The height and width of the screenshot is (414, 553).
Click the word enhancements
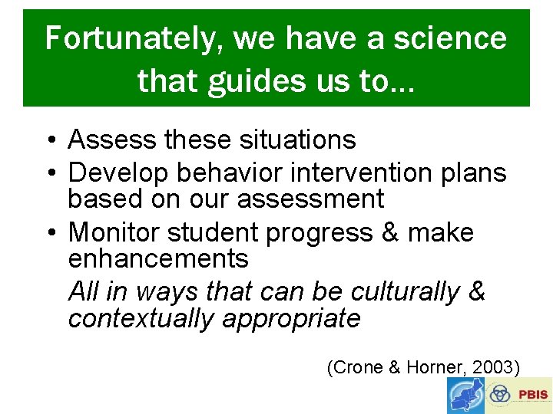point(158,258)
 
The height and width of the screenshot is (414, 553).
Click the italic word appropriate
point(291,317)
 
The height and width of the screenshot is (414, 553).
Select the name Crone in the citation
point(358,367)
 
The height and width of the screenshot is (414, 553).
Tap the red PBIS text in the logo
point(532,395)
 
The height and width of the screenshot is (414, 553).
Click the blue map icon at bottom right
point(465,396)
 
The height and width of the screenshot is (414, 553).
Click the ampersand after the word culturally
point(476,292)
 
